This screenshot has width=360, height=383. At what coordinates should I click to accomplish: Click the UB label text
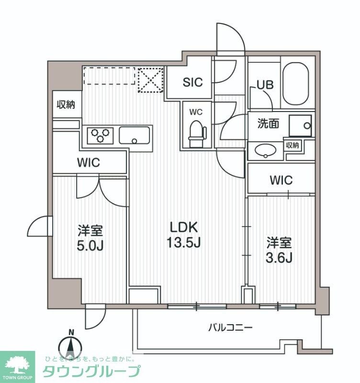[x=265, y=85]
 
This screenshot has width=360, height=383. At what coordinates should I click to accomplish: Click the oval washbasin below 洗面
[x=264, y=151]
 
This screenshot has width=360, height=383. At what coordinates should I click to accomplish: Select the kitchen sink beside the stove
[x=135, y=135]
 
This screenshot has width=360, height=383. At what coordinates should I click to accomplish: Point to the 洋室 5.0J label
[x=90, y=238]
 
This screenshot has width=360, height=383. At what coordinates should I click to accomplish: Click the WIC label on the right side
[x=281, y=180]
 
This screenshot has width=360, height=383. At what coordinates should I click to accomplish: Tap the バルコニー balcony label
[x=230, y=328]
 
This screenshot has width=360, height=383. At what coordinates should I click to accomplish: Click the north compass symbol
[x=71, y=346]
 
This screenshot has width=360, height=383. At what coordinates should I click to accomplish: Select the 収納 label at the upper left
[x=66, y=104]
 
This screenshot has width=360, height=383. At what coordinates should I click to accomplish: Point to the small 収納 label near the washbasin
[x=293, y=145]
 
